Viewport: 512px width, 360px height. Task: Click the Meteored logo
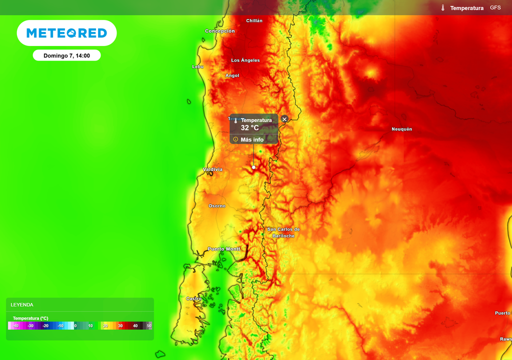pyautogui.click(x=66, y=33)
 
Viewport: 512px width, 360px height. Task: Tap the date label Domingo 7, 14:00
pyautogui.click(x=66, y=55)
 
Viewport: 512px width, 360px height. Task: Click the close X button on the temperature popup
pyautogui.click(x=284, y=119)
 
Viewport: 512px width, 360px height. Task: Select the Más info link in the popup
pyautogui.click(x=251, y=139)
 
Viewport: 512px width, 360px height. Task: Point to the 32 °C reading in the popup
pyautogui.click(x=250, y=128)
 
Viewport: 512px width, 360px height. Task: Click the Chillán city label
pyautogui.click(x=254, y=20)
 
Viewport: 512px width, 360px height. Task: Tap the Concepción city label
pyautogui.click(x=220, y=31)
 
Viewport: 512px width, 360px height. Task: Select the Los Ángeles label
pyautogui.click(x=245, y=60)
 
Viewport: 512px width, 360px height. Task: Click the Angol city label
pyautogui.click(x=232, y=75)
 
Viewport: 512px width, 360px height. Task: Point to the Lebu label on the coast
pyautogui.click(x=198, y=66)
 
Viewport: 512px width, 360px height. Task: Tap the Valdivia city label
pyautogui.click(x=212, y=169)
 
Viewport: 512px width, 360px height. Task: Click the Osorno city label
pyautogui.click(x=217, y=206)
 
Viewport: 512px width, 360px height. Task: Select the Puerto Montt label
pyautogui.click(x=224, y=249)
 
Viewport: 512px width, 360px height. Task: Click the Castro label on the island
pyautogui.click(x=193, y=298)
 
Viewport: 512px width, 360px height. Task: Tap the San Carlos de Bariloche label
pyautogui.click(x=283, y=232)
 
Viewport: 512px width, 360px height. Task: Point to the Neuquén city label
pyautogui.click(x=402, y=129)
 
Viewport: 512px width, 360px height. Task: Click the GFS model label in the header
pyautogui.click(x=495, y=7)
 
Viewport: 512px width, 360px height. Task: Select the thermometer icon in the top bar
pyautogui.click(x=443, y=8)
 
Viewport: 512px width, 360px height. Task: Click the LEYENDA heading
pyautogui.click(x=22, y=304)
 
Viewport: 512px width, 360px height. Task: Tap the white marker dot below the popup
pyautogui.click(x=253, y=167)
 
